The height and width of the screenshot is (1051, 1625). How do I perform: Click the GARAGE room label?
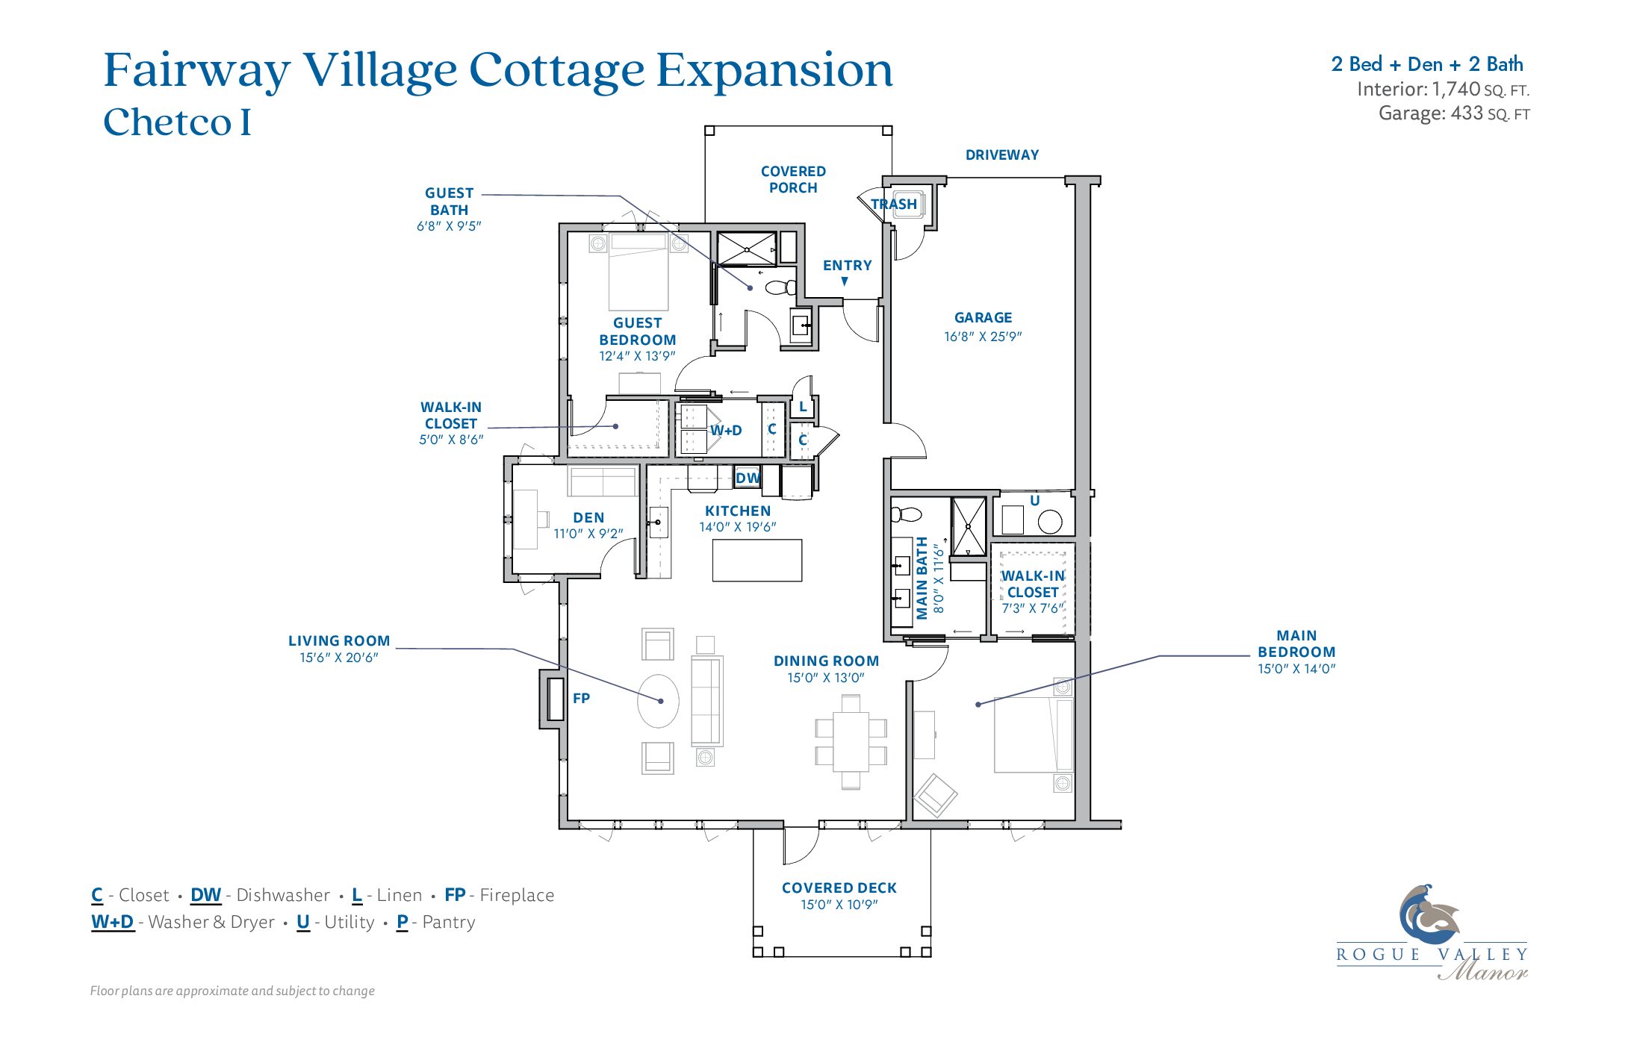pyautogui.click(x=983, y=318)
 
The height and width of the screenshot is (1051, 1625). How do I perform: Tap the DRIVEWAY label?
pyautogui.click(x=1002, y=155)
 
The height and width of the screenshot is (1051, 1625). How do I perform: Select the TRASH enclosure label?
pyautogui.click(x=894, y=204)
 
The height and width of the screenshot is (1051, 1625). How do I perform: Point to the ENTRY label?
pyautogui.click(x=848, y=266)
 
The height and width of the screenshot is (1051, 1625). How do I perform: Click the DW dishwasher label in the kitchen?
pyautogui.click(x=748, y=478)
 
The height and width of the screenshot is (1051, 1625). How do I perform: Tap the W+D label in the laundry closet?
pyautogui.click(x=726, y=431)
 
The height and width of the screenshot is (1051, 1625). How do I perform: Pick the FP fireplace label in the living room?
pyautogui.click(x=581, y=699)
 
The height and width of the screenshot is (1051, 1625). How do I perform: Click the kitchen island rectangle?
pyautogui.click(x=757, y=561)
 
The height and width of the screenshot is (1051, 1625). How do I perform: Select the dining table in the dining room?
pyautogui.click(x=851, y=741)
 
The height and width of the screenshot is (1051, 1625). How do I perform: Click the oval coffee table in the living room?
pyautogui.click(x=659, y=701)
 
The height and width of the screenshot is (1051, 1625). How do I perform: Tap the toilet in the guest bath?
pyautogui.click(x=781, y=287)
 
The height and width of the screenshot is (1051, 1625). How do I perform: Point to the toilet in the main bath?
pyautogui.click(x=906, y=514)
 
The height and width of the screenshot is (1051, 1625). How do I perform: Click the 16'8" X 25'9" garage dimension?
pyautogui.click(x=983, y=337)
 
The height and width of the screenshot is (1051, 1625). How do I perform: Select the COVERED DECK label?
pyautogui.click(x=839, y=888)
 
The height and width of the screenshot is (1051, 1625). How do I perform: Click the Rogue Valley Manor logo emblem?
pyautogui.click(x=1429, y=915)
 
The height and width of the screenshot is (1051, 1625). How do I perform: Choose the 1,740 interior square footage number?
pyautogui.click(x=1456, y=90)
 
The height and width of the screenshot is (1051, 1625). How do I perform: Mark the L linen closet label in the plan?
pyautogui.click(x=803, y=407)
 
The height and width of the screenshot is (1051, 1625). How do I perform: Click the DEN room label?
pyautogui.click(x=588, y=518)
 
